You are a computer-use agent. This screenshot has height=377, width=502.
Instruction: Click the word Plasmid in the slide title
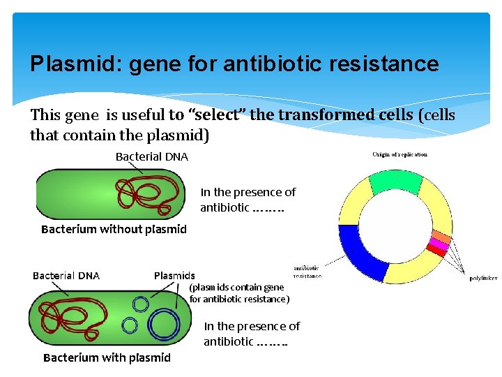tap(61, 64)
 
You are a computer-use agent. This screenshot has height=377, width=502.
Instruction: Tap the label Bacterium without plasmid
tap(114, 229)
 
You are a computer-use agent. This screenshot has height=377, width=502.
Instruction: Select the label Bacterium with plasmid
tap(107, 357)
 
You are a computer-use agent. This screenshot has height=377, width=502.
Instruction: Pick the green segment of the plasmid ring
tap(395, 181)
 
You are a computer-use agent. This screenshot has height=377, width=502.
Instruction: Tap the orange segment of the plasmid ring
tap(441, 236)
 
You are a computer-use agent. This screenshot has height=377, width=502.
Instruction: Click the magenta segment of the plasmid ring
tap(439, 244)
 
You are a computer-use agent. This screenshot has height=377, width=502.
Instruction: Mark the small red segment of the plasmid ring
tap(436, 250)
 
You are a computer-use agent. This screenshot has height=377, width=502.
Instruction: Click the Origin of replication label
tap(400, 154)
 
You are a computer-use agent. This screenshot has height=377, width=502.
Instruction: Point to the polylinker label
tap(483, 278)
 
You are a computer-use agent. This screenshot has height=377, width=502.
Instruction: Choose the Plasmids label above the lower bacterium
tap(174, 276)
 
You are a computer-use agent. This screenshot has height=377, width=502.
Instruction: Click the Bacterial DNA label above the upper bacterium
tap(151, 156)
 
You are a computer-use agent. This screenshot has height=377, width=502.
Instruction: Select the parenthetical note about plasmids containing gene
tap(239, 293)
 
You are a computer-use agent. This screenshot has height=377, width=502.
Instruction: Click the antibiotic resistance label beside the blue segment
tap(307, 272)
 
